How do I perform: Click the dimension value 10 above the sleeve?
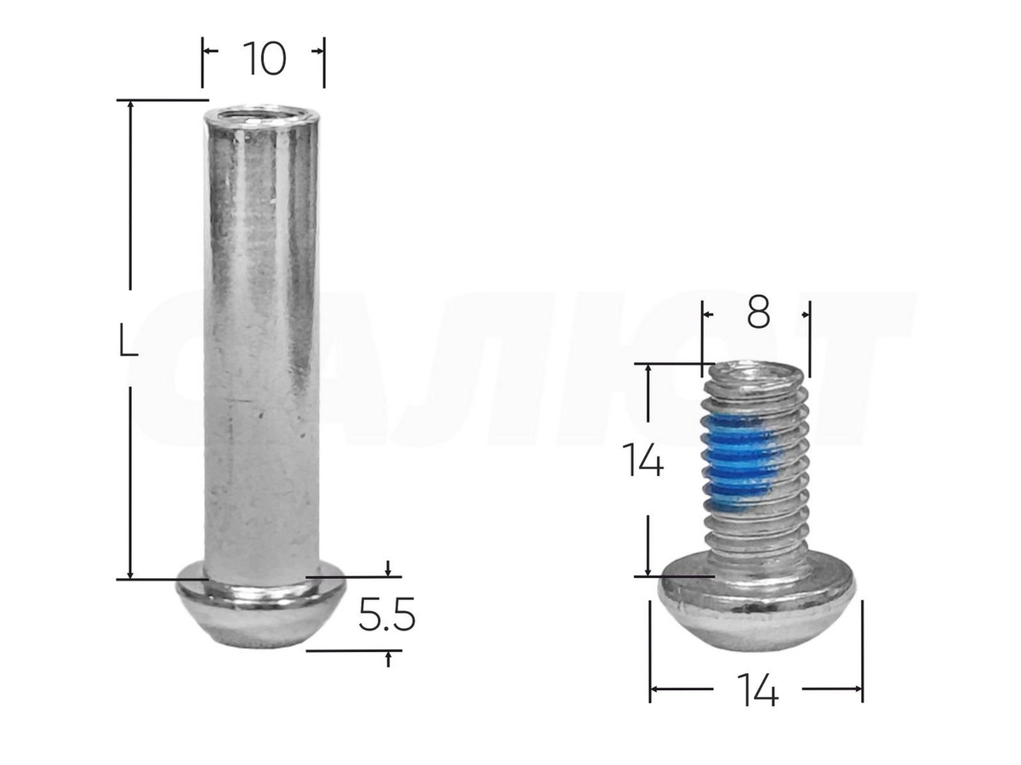(x=265, y=59)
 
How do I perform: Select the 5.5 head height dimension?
(x=386, y=614)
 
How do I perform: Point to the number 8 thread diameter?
(x=758, y=313)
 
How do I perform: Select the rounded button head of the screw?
(x=756, y=603)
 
